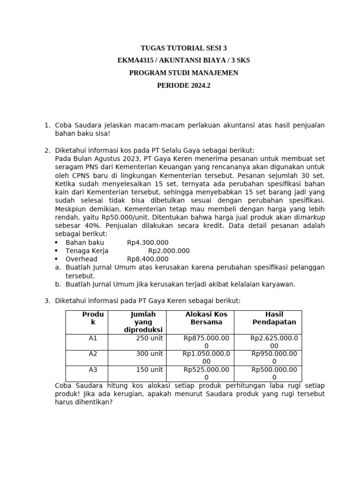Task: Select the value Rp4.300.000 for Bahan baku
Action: point(148,242)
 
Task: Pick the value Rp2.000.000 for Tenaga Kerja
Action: point(169,251)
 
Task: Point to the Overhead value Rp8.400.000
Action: point(148,259)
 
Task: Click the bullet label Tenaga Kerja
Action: point(87,251)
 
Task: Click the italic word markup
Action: point(313,217)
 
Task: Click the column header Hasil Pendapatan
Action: point(274,318)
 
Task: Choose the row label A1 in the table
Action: point(93,337)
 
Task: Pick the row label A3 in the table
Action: point(93,369)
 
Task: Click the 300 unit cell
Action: point(150,353)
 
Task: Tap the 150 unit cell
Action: point(150,369)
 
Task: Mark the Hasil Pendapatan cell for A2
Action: point(274,358)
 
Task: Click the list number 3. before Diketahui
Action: point(47,300)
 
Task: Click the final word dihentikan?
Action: point(93,402)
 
